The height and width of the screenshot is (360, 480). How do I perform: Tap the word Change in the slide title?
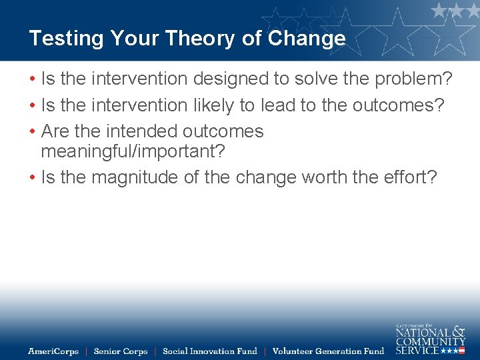point(307,39)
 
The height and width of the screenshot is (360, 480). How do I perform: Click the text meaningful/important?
point(133,151)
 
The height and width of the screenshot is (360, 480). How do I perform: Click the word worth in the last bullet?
point(326,177)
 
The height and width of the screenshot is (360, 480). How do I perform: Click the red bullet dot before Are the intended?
point(32,132)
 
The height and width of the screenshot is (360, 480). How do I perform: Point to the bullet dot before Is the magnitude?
point(32,178)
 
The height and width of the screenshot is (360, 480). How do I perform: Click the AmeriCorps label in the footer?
point(53,351)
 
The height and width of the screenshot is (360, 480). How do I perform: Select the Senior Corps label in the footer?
point(121,351)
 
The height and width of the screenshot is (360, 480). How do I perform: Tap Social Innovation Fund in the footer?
point(209,351)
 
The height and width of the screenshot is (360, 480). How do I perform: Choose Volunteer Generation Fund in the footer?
point(328,351)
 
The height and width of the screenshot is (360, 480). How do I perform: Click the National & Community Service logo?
point(431,339)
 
